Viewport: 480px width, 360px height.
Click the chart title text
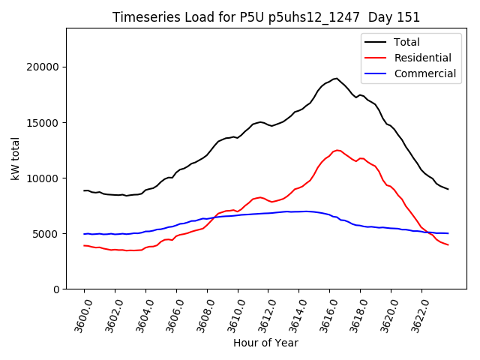(x=266, y=17)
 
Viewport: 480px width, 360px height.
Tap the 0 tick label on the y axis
(x=56, y=289)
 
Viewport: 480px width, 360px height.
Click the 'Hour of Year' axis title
(x=265, y=343)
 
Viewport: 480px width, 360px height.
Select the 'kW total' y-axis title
(x=15, y=158)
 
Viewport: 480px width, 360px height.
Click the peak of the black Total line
(x=336, y=78)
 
